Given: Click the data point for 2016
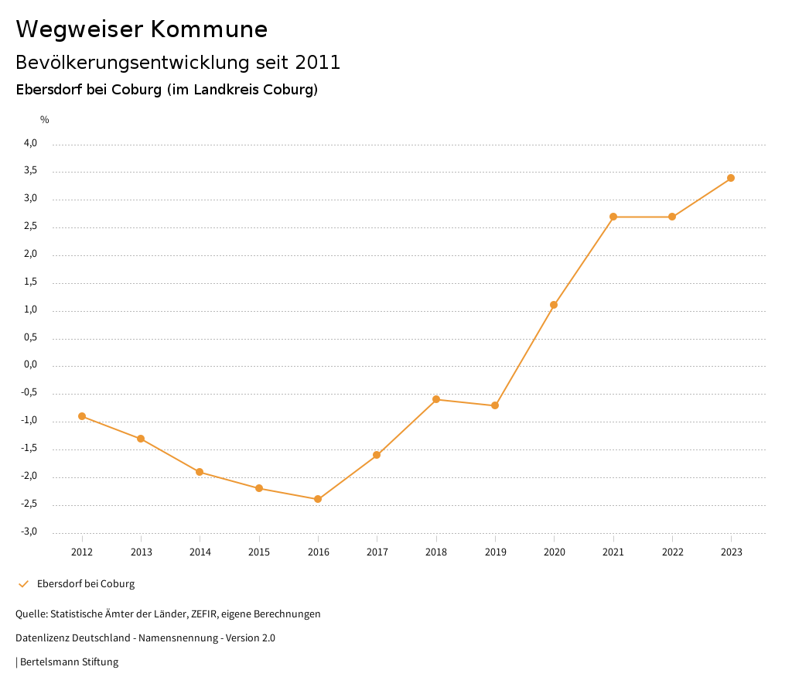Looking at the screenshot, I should pos(318,499).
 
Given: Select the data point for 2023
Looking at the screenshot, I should pos(731,178).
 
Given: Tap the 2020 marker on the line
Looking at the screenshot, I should pos(554,305).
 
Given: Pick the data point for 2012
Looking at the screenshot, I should pos(82,416).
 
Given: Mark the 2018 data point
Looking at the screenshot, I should pos(436,399).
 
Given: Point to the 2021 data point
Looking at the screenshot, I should pos(613,217).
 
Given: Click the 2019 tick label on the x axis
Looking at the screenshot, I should pos(495,552).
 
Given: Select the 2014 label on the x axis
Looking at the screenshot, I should pos(200,552).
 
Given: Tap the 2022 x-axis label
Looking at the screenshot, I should pos(672,552).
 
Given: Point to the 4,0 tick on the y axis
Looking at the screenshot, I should pos(30,143).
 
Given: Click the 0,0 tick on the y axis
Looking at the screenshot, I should pos(30,365).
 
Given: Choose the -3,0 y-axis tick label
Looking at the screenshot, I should pos(29,531).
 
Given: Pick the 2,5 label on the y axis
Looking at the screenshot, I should pos(30,227).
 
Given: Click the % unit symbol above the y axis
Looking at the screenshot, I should pos(45,120).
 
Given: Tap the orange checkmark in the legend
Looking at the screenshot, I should pos(23,584).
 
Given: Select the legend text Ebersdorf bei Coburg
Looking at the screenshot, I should pos(86,584).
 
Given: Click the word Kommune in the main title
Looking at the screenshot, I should pos(209,29).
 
